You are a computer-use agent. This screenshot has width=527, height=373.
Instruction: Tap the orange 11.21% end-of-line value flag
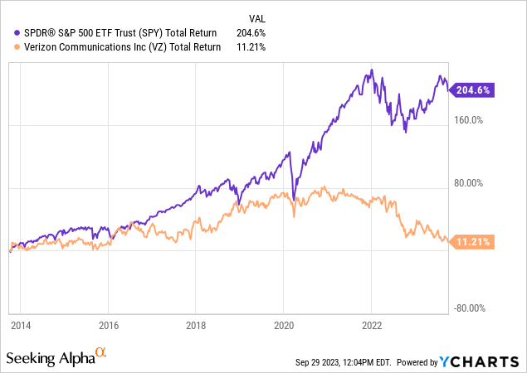(x=472, y=242)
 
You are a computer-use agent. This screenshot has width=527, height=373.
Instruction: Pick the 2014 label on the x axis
(x=21, y=327)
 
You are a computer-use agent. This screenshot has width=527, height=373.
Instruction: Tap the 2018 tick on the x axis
(x=195, y=327)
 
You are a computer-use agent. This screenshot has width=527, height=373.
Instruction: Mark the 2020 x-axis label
(x=284, y=327)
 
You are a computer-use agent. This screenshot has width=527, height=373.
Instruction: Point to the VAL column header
(x=259, y=17)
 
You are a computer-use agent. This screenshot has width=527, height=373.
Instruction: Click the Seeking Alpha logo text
(x=50, y=358)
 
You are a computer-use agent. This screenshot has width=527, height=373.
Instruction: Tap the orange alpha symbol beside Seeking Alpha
(x=101, y=353)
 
